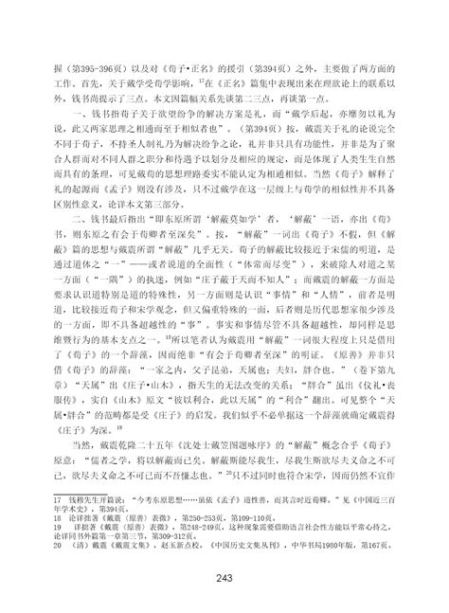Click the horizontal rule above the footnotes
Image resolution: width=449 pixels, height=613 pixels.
[x=114, y=491]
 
